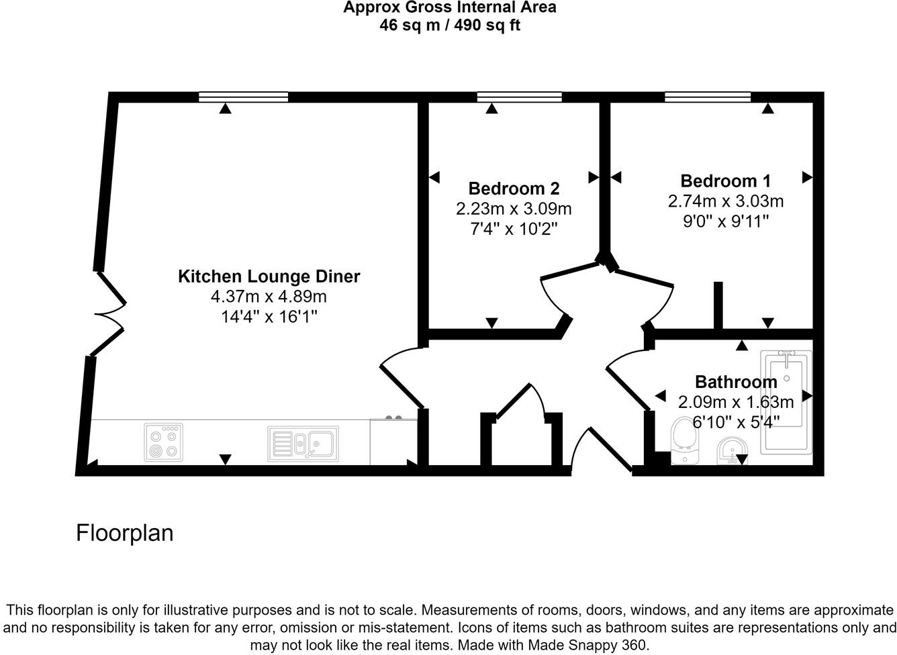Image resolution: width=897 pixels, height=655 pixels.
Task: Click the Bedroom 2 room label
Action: coord(514,189)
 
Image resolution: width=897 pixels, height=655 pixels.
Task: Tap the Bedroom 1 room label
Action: coord(726,181)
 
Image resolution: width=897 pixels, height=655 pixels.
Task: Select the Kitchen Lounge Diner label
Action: coord(269,276)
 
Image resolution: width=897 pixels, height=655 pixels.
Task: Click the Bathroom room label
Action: coord(736,382)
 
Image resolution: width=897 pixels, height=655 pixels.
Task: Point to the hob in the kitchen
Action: coord(163,442)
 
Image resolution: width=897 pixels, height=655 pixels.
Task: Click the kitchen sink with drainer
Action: coord(303,444)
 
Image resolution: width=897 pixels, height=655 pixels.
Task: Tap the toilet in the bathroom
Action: coord(685,441)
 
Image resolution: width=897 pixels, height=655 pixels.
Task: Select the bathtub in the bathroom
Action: coord(786,403)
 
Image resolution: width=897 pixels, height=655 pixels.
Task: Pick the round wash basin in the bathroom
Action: coord(733,451)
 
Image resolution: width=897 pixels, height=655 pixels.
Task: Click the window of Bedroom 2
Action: coord(520,97)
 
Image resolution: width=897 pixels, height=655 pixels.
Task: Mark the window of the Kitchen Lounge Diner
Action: coord(244,97)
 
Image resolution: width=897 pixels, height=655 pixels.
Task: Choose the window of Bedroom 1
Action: coord(708,97)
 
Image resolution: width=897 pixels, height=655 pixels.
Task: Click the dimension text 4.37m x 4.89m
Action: coord(269,297)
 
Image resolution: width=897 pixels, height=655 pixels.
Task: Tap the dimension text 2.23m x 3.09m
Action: coord(514,209)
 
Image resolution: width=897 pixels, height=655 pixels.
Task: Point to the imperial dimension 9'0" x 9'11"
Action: coord(726,221)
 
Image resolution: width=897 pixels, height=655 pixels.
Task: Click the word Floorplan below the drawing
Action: coord(124,534)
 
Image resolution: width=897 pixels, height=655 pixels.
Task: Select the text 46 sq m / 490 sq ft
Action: coord(450,26)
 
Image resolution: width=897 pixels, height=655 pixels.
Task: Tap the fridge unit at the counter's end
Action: coord(393,441)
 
